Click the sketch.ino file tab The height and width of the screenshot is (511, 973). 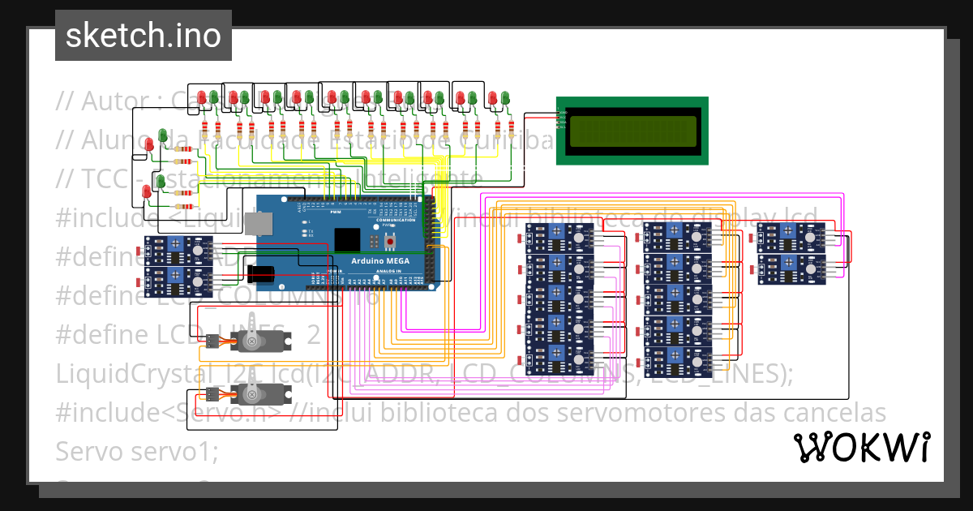(x=143, y=36)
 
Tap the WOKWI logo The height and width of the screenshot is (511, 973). (x=861, y=447)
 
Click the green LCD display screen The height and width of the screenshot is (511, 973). (x=632, y=131)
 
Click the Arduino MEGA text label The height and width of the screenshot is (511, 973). (x=380, y=260)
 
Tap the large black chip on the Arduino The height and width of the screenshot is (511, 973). (x=347, y=240)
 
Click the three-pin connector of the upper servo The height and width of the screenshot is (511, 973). (x=212, y=341)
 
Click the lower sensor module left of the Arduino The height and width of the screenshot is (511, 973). (x=177, y=280)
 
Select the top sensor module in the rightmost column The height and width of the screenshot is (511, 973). (x=791, y=236)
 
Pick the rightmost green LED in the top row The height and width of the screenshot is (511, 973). (x=504, y=99)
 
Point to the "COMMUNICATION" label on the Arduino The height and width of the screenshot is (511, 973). (x=395, y=220)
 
